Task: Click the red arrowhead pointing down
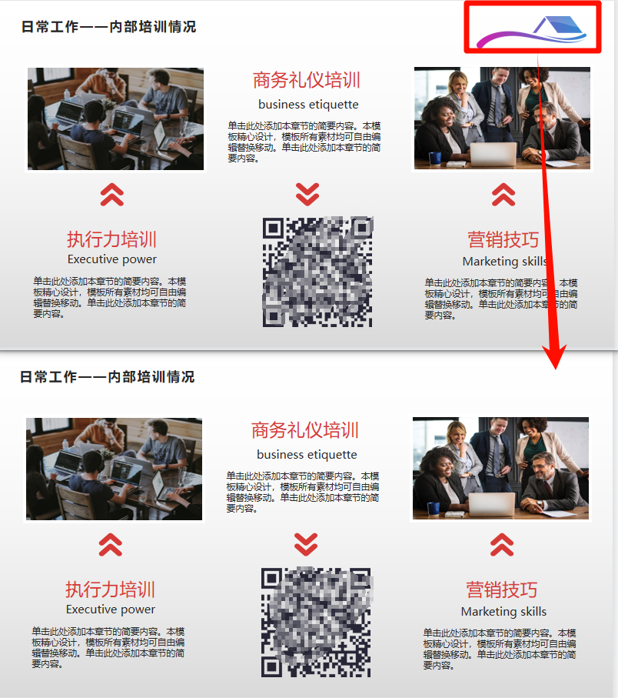tap(555, 356)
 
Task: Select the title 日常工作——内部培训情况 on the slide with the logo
tap(108, 27)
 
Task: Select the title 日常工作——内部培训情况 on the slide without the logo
tap(107, 377)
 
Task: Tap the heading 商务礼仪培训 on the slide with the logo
tap(307, 81)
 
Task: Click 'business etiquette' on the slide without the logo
tap(307, 454)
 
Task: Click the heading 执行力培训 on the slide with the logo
tap(111, 239)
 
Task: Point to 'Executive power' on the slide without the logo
tap(111, 609)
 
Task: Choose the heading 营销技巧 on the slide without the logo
tap(502, 590)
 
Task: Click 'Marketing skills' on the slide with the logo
tap(505, 262)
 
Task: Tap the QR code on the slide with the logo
tap(317, 272)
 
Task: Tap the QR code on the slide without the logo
tap(316, 623)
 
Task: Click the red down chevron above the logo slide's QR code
tap(307, 194)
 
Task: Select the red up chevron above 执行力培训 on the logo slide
tap(112, 195)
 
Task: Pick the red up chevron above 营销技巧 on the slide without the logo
tap(502, 545)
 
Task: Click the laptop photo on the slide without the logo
tap(115, 469)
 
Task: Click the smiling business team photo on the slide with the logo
tap(503, 118)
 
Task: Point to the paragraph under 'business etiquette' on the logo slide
tap(304, 142)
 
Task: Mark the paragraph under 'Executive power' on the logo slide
tap(110, 297)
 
